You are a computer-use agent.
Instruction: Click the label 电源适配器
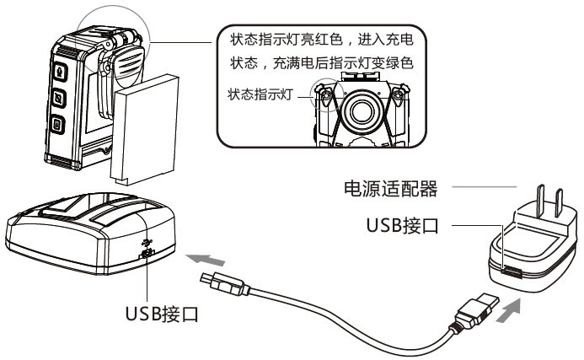coord(390,188)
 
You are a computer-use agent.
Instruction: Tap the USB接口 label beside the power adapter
coord(403,225)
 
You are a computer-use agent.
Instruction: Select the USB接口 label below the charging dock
coord(162,314)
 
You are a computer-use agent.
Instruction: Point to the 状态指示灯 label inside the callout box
coord(260,94)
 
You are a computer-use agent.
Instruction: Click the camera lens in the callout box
coord(361,110)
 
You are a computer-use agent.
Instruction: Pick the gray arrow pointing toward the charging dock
coord(206,259)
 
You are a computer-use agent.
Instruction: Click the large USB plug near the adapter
coord(477,309)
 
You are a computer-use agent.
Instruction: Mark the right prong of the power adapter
coord(559,203)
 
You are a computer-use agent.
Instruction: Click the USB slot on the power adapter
coord(512,272)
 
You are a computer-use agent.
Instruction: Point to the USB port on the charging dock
coord(147,254)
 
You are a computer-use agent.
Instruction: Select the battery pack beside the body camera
coord(144,130)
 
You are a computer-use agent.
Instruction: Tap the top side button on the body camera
coord(61,71)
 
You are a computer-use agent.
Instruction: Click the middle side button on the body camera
coord(58,98)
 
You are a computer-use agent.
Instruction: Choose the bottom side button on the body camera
coord(57,125)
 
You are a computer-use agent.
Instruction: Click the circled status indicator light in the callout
coord(326,96)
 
